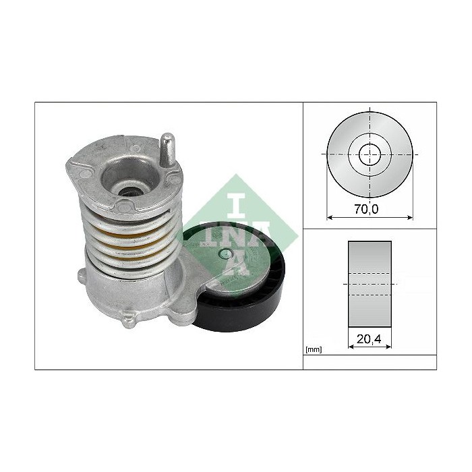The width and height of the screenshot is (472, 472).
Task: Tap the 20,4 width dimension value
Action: (370, 340)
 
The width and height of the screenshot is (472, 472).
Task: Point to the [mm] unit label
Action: (314, 350)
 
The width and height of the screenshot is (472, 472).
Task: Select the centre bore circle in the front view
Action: (370, 154)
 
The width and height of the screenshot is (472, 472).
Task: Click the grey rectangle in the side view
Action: (370, 283)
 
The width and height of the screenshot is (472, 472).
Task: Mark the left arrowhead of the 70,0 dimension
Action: (330, 217)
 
